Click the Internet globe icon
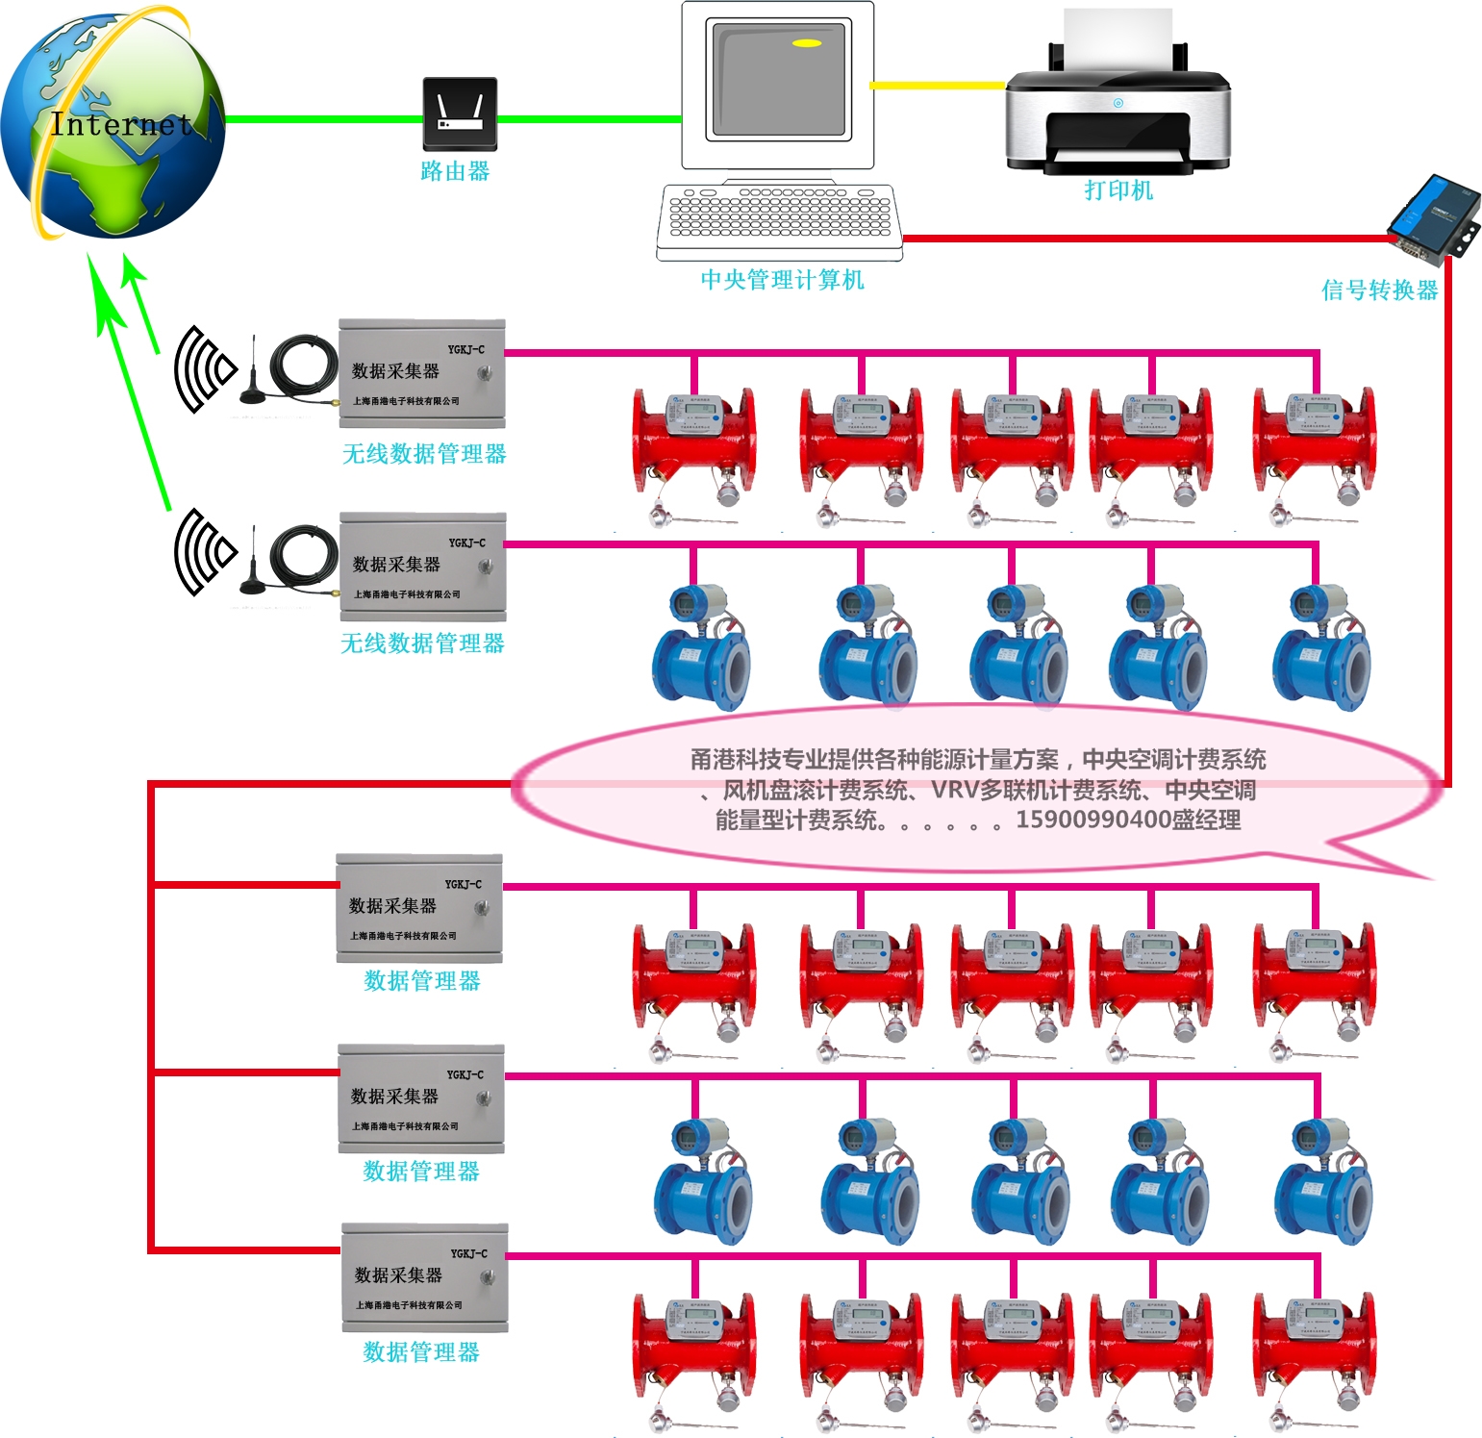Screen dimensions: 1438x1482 pyautogui.click(x=113, y=125)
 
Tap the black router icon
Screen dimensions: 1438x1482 pyautogui.click(x=460, y=114)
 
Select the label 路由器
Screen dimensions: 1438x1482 pyautogui.click(x=455, y=171)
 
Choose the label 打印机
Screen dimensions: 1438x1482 pyautogui.click(x=1118, y=190)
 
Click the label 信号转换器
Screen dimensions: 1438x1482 pyautogui.click(x=1379, y=290)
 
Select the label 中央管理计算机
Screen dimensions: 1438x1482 pyautogui.click(x=782, y=280)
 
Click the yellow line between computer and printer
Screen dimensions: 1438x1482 pyautogui.click(x=938, y=86)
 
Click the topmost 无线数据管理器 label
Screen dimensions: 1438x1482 pyautogui.click(x=424, y=454)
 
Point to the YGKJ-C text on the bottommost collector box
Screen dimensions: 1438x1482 pyautogui.click(x=469, y=1254)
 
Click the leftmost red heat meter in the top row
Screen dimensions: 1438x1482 pyautogui.click(x=694, y=442)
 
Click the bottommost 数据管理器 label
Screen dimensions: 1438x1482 pyautogui.click(x=421, y=1352)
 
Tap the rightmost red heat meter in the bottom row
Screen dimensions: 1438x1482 pyautogui.click(x=1315, y=1347)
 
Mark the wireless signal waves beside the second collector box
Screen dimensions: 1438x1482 pyautogui.click(x=204, y=551)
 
